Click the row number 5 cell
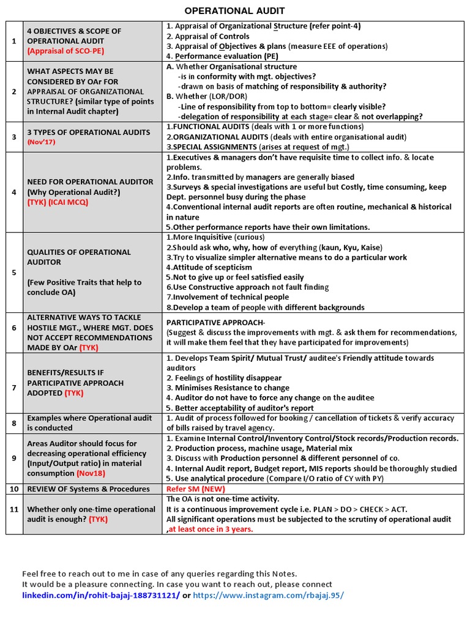point(14,272)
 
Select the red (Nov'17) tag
point(41,142)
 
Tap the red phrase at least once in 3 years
point(211,529)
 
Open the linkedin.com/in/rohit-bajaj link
point(101,595)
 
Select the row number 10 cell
point(14,488)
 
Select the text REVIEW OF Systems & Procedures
point(88,488)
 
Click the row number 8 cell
point(14,423)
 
